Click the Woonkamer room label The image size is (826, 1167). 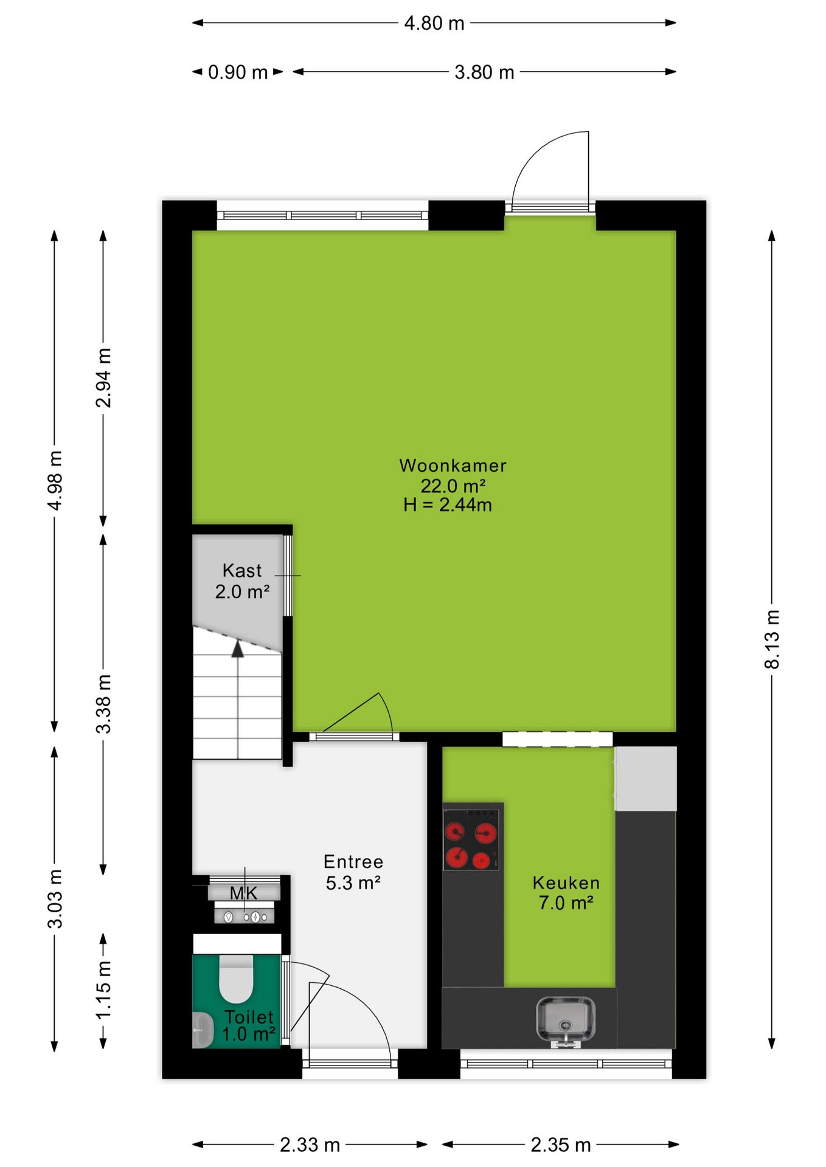click(x=453, y=466)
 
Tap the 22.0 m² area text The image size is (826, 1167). click(x=453, y=486)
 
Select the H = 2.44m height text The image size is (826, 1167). click(x=448, y=504)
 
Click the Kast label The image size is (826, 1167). click(x=242, y=571)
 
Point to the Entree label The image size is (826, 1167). click(x=353, y=862)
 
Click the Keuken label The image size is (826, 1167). click(x=566, y=883)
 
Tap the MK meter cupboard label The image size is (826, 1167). click(x=243, y=893)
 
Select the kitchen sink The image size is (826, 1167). click(x=566, y=1020)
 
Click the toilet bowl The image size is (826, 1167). click(x=236, y=978)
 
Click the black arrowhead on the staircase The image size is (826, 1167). click(x=238, y=649)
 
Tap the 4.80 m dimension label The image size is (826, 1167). click(x=434, y=23)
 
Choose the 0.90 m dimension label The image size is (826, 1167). click(x=238, y=72)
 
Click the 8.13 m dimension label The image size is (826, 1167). click(x=772, y=639)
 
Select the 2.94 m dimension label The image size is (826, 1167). click(x=103, y=377)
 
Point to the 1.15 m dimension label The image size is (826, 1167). click(x=103, y=990)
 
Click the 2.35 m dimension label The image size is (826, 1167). click(x=561, y=1145)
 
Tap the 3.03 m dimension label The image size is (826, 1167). click(x=55, y=899)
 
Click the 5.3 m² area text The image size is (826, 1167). click(x=353, y=883)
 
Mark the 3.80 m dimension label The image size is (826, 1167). click(x=484, y=72)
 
